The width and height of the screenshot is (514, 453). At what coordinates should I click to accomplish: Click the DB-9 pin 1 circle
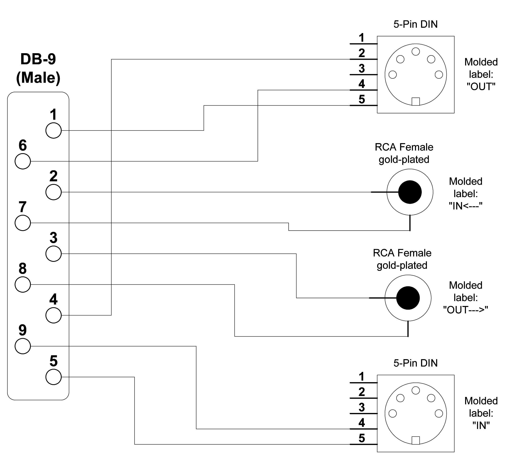(54, 130)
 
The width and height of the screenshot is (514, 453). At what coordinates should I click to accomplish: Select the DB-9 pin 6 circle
(23, 161)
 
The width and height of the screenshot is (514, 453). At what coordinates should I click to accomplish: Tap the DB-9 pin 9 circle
(23, 346)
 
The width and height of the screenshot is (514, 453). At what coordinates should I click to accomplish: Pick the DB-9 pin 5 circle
(54, 377)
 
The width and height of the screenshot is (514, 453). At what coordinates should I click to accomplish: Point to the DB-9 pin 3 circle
(54, 254)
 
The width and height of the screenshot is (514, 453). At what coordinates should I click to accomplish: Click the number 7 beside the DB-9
(23, 207)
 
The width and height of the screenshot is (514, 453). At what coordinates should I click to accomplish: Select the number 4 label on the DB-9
(53, 299)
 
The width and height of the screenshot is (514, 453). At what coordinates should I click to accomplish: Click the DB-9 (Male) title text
(38, 68)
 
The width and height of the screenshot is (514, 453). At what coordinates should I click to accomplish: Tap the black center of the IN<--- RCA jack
(410, 192)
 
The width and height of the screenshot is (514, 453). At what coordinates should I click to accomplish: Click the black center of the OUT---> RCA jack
(408, 298)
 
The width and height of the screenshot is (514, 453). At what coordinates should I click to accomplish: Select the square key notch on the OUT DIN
(416, 102)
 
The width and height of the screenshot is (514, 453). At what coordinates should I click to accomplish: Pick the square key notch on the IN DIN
(416, 440)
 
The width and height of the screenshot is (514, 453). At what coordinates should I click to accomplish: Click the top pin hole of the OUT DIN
(416, 52)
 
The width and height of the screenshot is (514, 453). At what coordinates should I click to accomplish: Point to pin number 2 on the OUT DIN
(362, 53)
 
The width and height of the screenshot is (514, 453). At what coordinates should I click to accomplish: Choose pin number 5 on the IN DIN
(362, 438)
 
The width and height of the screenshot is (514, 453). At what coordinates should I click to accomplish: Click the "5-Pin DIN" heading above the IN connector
(415, 363)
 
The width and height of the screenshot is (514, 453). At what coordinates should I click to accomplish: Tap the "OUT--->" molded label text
(466, 310)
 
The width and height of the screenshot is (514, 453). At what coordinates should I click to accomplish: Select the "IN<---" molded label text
(466, 206)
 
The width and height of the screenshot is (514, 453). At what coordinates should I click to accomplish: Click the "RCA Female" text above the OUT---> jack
(402, 253)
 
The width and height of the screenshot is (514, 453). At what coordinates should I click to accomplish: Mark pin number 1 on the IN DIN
(362, 377)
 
